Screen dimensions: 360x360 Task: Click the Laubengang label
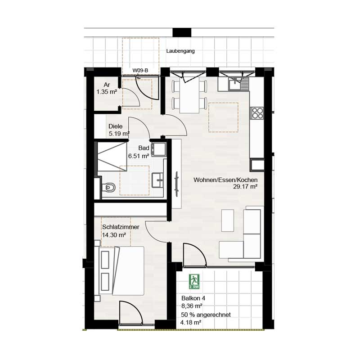pos(180,51)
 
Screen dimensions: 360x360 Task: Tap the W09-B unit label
pos(140,70)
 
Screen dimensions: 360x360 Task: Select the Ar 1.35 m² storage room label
pos(107,88)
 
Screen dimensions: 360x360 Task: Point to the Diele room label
pos(116,126)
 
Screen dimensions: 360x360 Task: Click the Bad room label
pos(144,148)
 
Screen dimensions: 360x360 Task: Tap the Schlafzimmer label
pos(121,227)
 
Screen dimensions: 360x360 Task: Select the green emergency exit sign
pos(194,281)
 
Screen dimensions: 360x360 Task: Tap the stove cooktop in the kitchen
pos(257,112)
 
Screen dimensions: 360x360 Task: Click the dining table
pos(189,96)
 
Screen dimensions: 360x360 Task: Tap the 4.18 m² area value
pos(191,322)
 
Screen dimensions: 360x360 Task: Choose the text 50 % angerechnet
pos(206,315)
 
